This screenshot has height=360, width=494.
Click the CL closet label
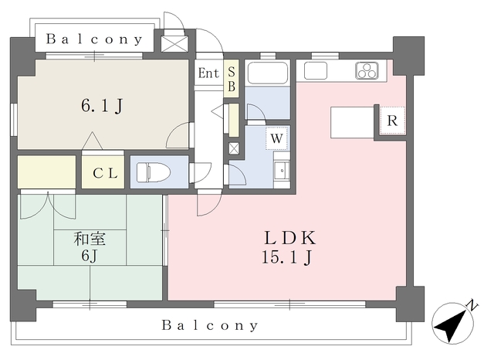[x=104, y=173]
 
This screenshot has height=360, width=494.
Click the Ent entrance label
[x=208, y=74]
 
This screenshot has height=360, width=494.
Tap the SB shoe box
[x=230, y=78]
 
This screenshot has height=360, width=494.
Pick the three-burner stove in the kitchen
[x=367, y=70]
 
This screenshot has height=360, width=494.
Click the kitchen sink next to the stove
[x=316, y=71]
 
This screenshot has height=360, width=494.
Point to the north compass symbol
[x=453, y=321]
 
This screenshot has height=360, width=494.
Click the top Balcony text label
[x=94, y=39]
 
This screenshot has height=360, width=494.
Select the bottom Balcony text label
[x=211, y=325]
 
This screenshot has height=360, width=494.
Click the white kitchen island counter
[x=352, y=121]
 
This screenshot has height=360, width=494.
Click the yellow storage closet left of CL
[x=46, y=172]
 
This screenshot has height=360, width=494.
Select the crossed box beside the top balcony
[x=174, y=41]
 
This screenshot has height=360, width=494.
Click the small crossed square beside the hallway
[x=233, y=148]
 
